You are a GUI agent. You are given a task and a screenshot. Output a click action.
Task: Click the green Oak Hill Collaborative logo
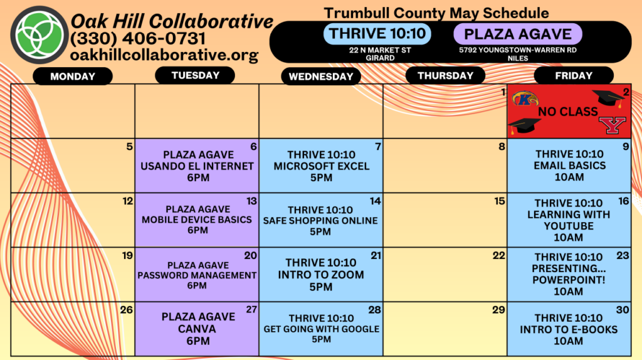[39, 35]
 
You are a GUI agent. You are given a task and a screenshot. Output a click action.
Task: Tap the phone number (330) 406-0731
[138, 39]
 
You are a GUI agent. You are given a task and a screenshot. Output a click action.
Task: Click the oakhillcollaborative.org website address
[164, 55]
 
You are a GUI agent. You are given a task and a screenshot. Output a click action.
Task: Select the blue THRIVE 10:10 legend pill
[377, 34]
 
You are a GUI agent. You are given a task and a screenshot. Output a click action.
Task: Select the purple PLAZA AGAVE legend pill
[517, 34]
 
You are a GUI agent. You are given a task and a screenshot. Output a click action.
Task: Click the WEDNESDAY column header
[321, 77]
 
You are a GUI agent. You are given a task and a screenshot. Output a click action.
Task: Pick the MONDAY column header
[73, 77]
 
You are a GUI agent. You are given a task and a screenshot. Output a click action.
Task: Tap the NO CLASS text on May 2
[568, 112]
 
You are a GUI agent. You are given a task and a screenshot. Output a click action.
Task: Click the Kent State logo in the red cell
[525, 98]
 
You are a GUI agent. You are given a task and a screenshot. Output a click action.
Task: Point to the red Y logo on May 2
[613, 125]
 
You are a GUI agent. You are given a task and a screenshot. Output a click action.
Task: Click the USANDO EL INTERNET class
[197, 166]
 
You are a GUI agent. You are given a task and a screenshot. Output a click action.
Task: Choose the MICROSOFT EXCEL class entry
[322, 166]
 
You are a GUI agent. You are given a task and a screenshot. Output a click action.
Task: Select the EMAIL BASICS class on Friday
[569, 166]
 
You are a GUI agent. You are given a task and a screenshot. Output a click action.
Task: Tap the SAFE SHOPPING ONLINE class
[320, 221]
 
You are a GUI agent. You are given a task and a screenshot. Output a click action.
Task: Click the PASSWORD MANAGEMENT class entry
[197, 275]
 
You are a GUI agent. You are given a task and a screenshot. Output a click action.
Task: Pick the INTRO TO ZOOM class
[321, 275]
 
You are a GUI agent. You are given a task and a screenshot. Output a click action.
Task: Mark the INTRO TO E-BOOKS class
[569, 329]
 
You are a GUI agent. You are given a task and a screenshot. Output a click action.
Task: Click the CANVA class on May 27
[198, 329]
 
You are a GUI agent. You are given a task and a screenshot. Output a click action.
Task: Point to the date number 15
[500, 201]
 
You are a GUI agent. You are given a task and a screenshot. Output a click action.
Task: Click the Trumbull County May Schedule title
[436, 13]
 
